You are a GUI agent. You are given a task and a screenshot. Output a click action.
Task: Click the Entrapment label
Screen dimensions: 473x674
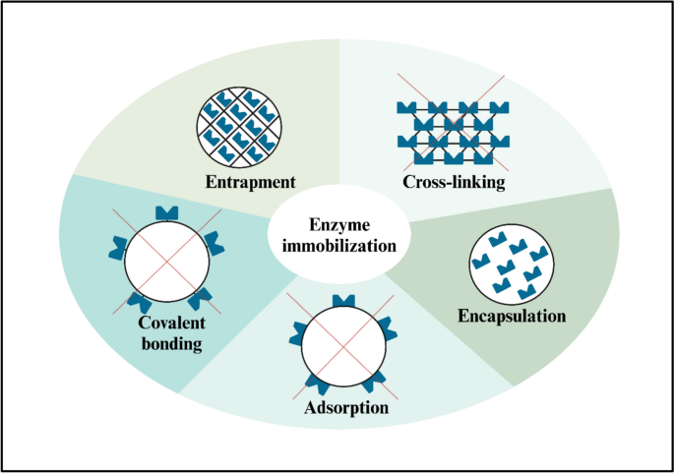click(x=251, y=182)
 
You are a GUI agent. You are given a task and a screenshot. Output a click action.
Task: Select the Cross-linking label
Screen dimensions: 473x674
click(x=454, y=182)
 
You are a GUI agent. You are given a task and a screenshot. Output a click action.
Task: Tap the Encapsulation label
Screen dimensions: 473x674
click(x=512, y=317)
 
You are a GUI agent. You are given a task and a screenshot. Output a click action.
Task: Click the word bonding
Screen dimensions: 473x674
click(x=163, y=345)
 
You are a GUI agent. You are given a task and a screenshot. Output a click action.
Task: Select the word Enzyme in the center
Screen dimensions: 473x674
click(x=336, y=225)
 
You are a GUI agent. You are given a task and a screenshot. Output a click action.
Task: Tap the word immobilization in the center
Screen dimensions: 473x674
click(x=336, y=246)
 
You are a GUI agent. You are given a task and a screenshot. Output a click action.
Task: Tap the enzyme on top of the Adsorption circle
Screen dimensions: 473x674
click(x=339, y=300)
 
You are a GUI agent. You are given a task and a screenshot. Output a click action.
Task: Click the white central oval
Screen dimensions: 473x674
click(x=337, y=234)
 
